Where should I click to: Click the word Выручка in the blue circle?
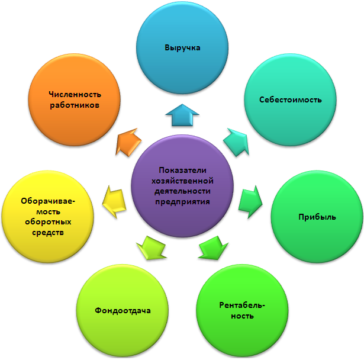click(182, 48)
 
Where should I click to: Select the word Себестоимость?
click(291, 99)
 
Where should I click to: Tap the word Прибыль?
click(317, 217)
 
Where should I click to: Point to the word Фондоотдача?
click(123, 311)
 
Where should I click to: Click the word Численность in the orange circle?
click(75, 94)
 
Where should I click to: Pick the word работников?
click(75, 105)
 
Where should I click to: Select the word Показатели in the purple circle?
click(182, 171)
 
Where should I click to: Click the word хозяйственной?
click(182, 181)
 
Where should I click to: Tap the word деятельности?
click(182, 191)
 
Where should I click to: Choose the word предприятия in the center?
click(182, 201)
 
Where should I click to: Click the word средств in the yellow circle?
click(48, 233)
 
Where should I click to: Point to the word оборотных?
click(48, 222)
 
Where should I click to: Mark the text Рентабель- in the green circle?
click(242, 305)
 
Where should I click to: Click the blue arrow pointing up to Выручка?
click(182, 116)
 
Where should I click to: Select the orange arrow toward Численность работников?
click(128, 142)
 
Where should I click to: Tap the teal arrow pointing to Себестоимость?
click(237, 142)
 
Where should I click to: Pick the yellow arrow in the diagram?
click(114, 201)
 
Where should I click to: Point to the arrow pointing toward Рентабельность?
click(213, 248)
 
